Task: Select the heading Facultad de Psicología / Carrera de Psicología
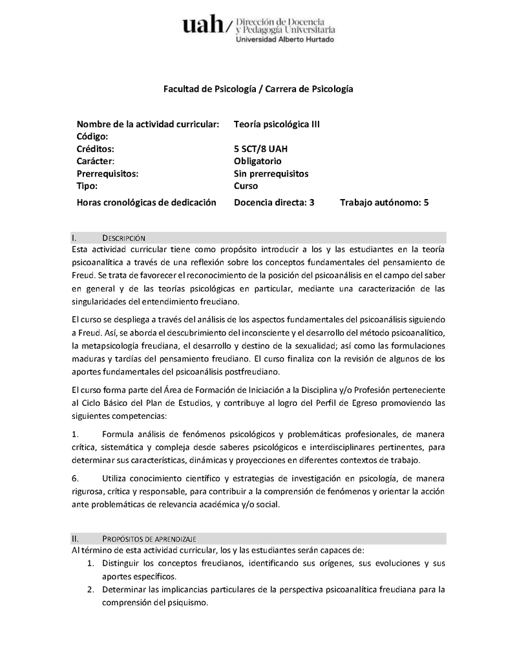pos(258,88)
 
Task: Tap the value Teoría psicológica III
pos(277,124)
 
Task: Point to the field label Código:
pos(92,136)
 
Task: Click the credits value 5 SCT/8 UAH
pos(261,149)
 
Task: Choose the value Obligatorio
pos(258,161)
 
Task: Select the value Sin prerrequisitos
pos(271,173)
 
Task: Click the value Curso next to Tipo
pos(246,186)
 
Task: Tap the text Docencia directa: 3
pos(274,202)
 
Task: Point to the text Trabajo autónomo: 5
pos(385,202)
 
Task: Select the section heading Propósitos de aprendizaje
pos(149,538)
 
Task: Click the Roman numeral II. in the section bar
pos(75,538)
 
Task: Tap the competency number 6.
pos(75,478)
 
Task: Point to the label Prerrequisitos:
pos(107,173)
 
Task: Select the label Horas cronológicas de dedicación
pos(146,202)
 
